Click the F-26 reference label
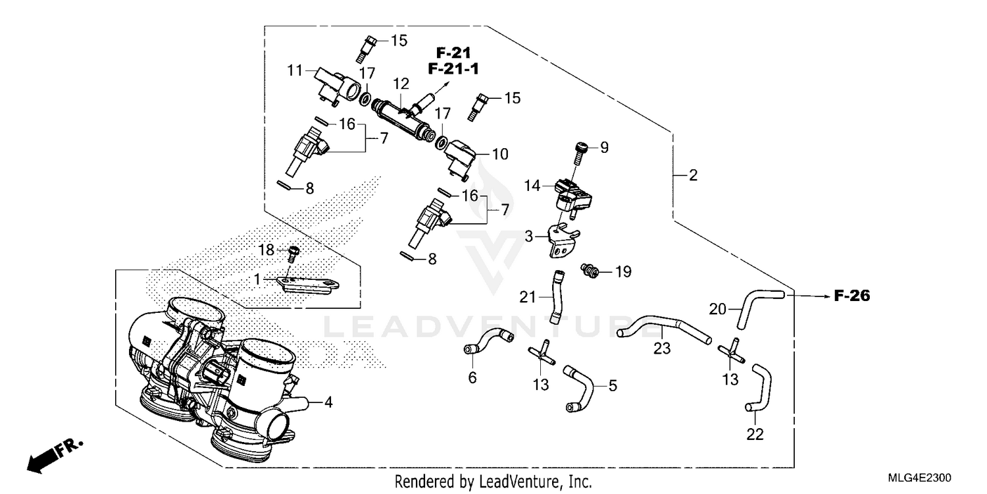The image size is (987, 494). [x=851, y=297]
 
